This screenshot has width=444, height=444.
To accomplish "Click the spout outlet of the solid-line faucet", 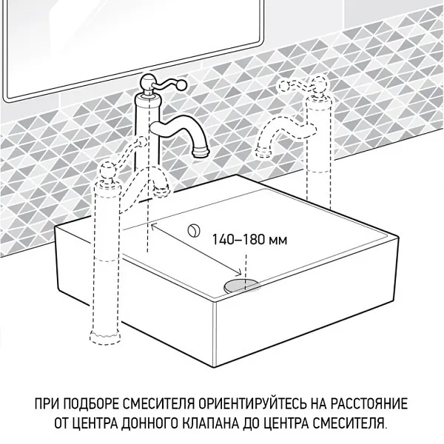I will pyautogui.click(x=199, y=154).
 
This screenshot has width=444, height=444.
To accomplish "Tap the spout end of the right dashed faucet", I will pyautogui.click(x=261, y=152).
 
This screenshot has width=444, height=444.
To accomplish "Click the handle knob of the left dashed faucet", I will pyautogui.click(x=106, y=172).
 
